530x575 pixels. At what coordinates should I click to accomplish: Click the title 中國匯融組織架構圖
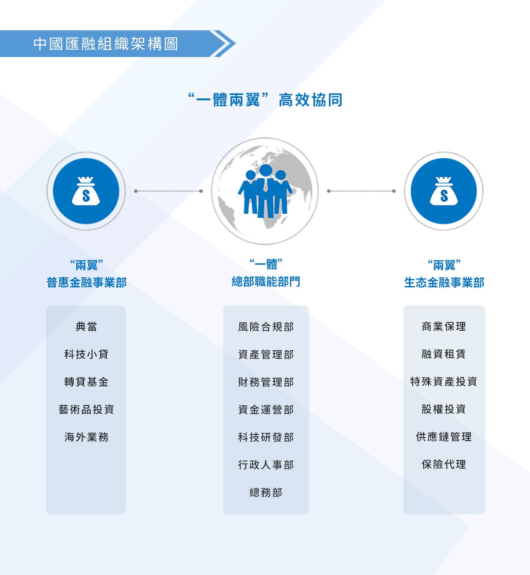[x=106, y=44]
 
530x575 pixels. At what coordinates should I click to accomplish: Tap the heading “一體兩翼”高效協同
[x=265, y=100]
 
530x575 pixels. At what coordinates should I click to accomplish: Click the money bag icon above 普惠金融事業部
[x=86, y=191]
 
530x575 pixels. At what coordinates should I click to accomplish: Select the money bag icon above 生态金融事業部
[x=444, y=191]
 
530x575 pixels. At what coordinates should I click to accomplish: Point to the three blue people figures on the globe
[x=265, y=191]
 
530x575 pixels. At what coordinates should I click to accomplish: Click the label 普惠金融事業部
[x=87, y=283]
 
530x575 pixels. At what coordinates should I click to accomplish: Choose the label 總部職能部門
[x=266, y=282]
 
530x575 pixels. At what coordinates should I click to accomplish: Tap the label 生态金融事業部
[x=444, y=283]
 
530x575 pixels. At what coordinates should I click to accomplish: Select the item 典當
[x=86, y=327]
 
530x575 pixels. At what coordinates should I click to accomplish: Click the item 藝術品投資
[x=86, y=410]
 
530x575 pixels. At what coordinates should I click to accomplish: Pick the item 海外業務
[x=86, y=437]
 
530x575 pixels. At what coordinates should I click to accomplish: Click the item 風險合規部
[x=266, y=327]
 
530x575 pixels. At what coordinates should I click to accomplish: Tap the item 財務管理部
[x=266, y=382]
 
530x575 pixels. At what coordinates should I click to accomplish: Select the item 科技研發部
[x=266, y=437]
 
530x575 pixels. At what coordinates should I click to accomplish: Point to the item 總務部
[x=266, y=493]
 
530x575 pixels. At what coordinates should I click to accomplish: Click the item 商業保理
[x=444, y=327]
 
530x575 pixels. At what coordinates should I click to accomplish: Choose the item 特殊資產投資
[x=444, y=382]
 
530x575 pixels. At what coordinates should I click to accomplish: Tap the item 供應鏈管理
[x=444, y=437]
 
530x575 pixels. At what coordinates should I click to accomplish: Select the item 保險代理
[x=444, y=465]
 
